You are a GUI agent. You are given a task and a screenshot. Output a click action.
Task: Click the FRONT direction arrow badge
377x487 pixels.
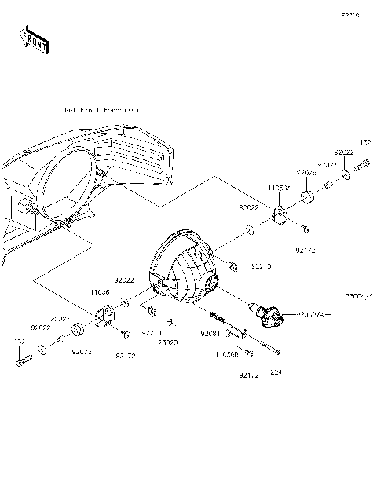[x=34, y=38]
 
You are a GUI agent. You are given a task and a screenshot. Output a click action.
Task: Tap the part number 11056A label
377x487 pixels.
[x=279, y=189]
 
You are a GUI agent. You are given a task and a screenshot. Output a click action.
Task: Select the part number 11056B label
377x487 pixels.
[x=226, y=355]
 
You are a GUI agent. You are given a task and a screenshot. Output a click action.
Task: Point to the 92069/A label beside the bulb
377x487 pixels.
[x=313, y=315]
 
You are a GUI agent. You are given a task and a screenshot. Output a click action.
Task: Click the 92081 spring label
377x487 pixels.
[x=209, y=335]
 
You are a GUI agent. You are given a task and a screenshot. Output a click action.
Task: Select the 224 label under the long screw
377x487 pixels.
[x=275, y=372]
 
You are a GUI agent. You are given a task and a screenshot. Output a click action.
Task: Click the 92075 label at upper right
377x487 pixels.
[x=306, y=172]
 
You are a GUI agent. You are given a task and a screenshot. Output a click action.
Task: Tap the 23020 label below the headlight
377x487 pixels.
[x=168, y=343]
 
